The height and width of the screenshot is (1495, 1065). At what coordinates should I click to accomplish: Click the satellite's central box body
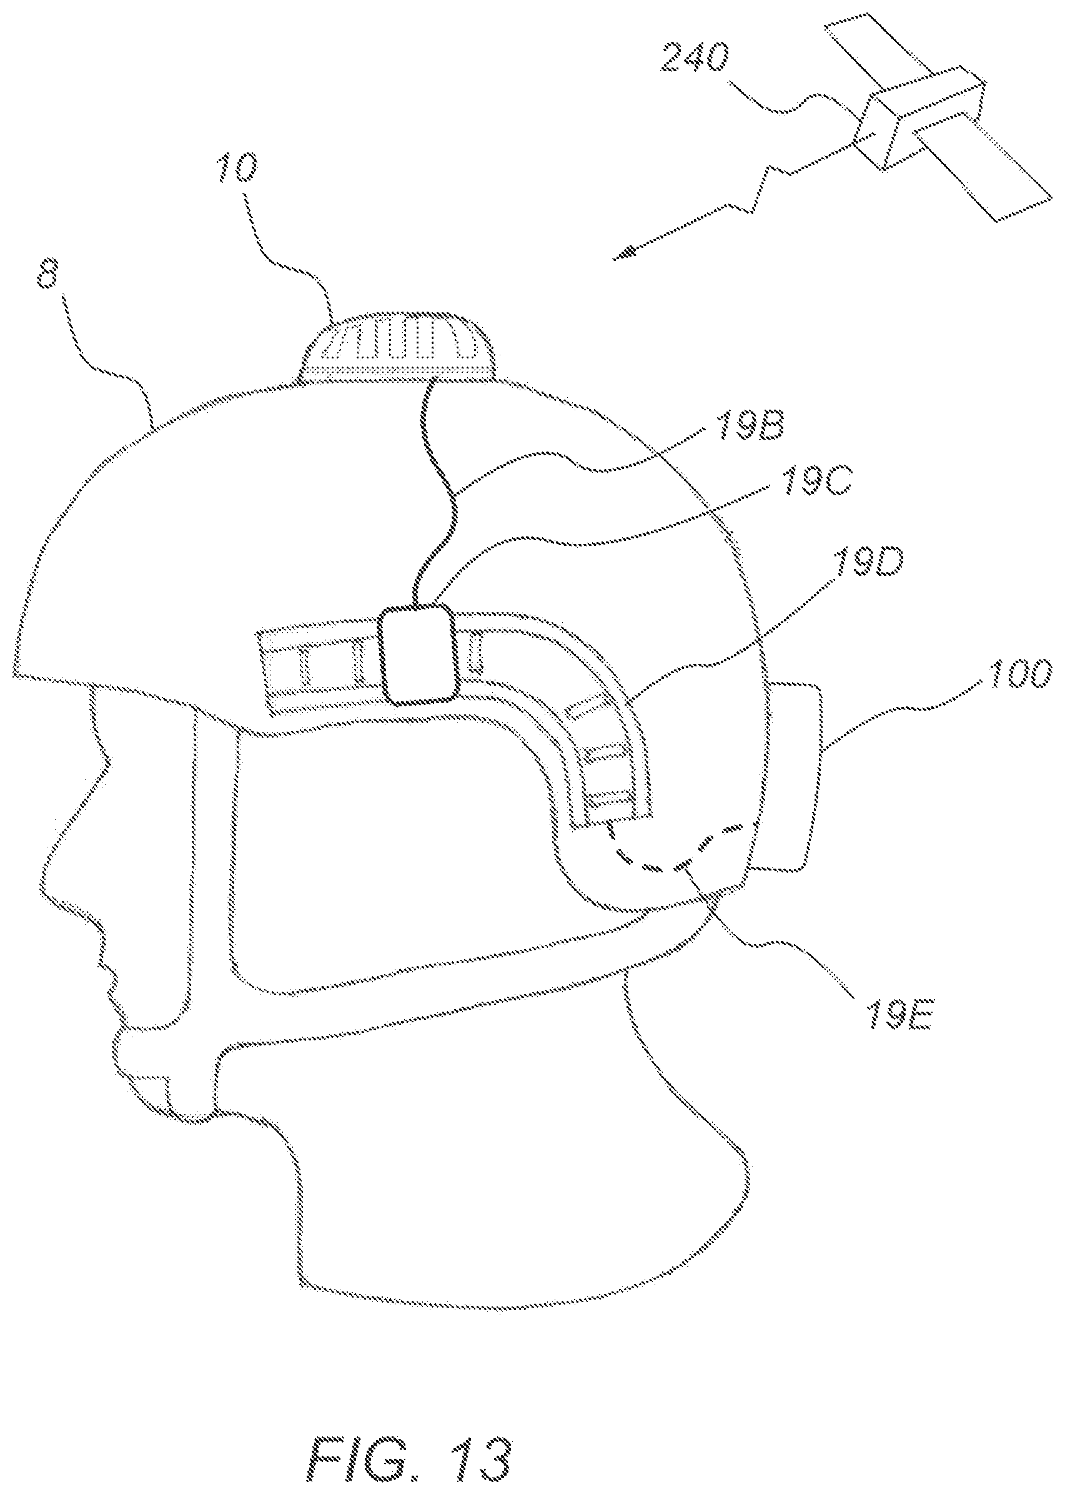click(x=919, y=116)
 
